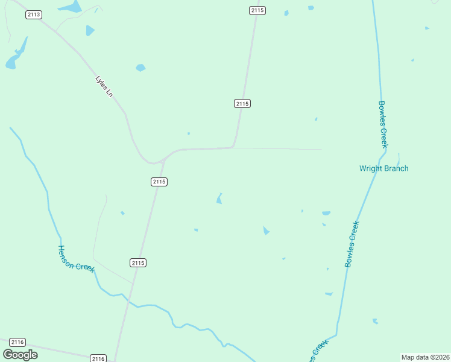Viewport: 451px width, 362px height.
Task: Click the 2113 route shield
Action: (x=34, y=14)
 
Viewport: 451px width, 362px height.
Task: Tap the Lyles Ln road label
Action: (x=104, y=86)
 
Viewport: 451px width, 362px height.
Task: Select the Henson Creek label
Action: (x=77, y=259)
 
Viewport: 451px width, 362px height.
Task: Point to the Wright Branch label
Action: (x=383, y=168)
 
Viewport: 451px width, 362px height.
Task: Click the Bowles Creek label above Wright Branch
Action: (x=383, y=124)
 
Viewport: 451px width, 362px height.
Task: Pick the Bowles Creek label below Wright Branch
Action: (x=352, y=244)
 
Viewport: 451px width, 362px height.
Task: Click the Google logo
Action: (x=20, y=355)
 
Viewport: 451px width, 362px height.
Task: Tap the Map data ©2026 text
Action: (x=425, y=357)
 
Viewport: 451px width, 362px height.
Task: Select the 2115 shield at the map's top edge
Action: (x=257, y=10)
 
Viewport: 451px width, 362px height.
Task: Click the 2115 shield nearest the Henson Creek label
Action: (x=138, y=262)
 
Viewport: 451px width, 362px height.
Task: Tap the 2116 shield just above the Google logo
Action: (x=17, y=342)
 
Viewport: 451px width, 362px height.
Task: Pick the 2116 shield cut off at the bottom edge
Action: (x=98, y=358)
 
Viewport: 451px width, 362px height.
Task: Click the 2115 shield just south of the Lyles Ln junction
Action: (x=159, y=182)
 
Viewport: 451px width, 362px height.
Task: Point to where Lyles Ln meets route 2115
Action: (x=165, y=158)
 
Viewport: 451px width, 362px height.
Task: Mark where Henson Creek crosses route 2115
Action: (x=129, y=299)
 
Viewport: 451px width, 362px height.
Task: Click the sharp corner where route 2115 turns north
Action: (x=233, y=147)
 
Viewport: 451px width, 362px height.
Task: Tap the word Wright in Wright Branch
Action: (x=371, y=168)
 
